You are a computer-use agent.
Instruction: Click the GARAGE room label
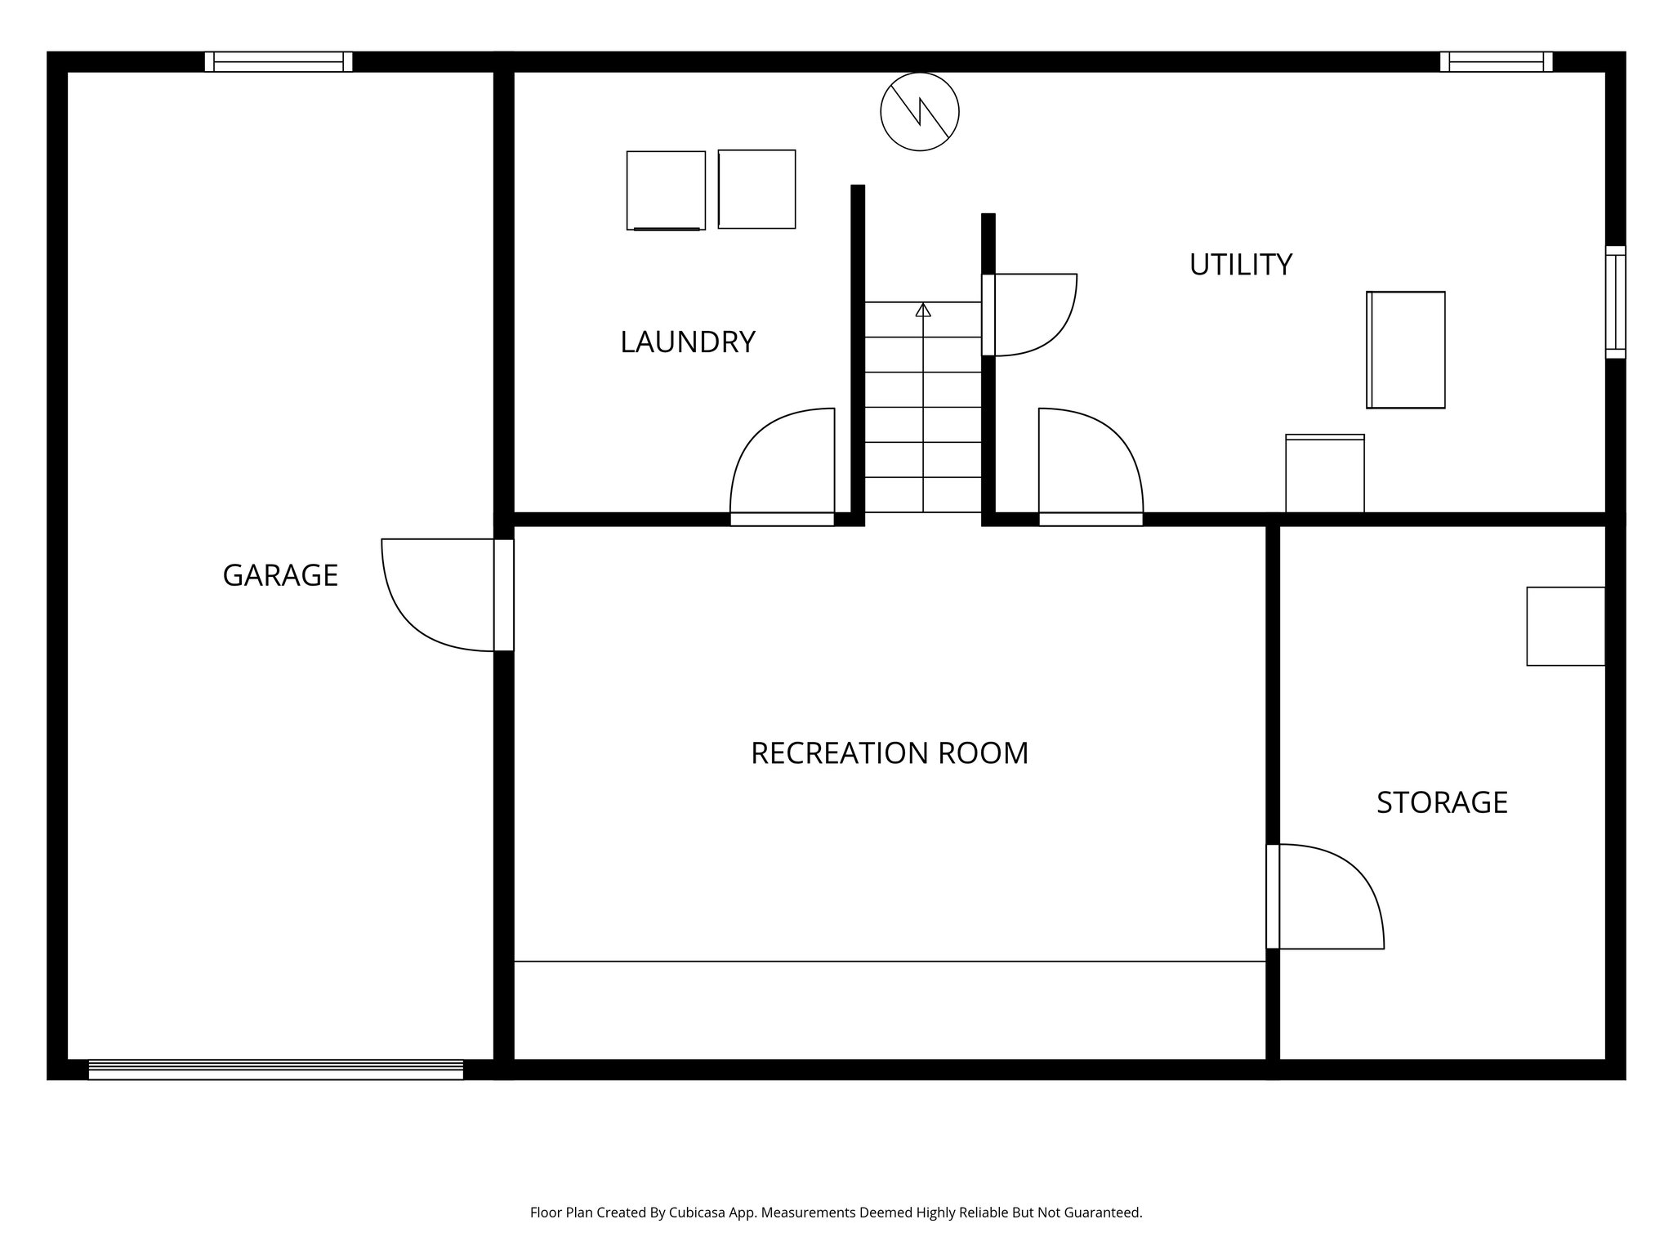(280, 575)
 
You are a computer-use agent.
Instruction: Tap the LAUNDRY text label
(687, 342)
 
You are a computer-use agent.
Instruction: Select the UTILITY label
(1240, 265)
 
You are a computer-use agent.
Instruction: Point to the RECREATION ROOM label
(889, 753)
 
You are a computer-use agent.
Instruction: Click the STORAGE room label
(1442, 802)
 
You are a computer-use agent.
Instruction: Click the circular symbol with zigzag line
(919, 112)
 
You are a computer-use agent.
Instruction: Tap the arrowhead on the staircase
(923, 310)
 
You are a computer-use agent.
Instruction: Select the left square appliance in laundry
(666, 190)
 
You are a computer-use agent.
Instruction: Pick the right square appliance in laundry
(756, 189)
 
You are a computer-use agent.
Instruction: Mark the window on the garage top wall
(278, 62)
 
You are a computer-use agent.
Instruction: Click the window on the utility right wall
(1615, 302)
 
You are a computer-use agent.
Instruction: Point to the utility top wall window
(1496, 62)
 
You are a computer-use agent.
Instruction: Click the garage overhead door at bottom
(275, 1070)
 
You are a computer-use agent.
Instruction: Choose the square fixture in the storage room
(1565, 626)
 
